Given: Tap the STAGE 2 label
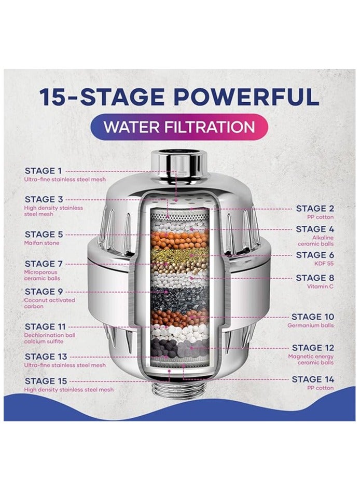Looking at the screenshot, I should pos(315,209).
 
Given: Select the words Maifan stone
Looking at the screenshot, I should pos(41,243).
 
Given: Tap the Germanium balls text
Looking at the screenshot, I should pos(310,325).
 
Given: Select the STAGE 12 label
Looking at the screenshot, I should pos(313,348).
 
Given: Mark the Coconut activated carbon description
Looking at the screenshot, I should pos(49,303).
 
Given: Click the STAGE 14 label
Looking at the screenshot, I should pos(313,379).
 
